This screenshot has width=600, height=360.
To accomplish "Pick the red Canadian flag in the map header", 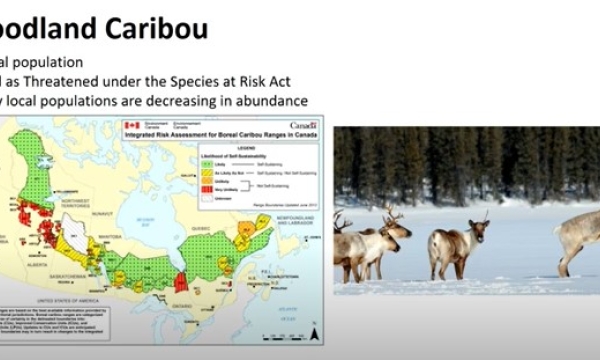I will click(130, 127).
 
